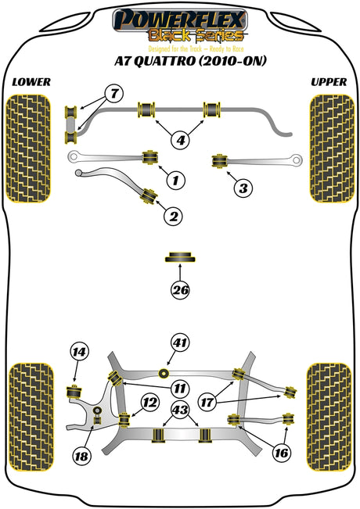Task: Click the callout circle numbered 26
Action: tap(180, 290)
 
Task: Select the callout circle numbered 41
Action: tap(180, 342)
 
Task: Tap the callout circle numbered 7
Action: tap(114, 94)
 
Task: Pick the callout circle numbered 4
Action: tap(180, 140)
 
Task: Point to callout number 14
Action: tap(79, 352)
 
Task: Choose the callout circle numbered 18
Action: tap(81, 457)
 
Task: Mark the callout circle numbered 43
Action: tap(180, 410)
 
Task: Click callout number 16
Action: tap(281, 453)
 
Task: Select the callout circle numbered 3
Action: tap(243, 188)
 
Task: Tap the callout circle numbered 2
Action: tap(174, 216)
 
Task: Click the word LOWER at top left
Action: tap(31, 82)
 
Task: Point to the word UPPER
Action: tap(329, 82)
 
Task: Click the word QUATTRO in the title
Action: tap(164, 61)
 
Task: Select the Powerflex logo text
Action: tap(180, 20)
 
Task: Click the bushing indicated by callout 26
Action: tap(180, 256)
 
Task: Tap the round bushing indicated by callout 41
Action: tap(164, 373)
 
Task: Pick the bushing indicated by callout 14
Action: tap(74, 392)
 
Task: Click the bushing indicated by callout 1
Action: tap(150, 157)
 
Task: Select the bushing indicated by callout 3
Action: tap(219, 161)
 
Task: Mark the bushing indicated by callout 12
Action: tap(124, 419)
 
